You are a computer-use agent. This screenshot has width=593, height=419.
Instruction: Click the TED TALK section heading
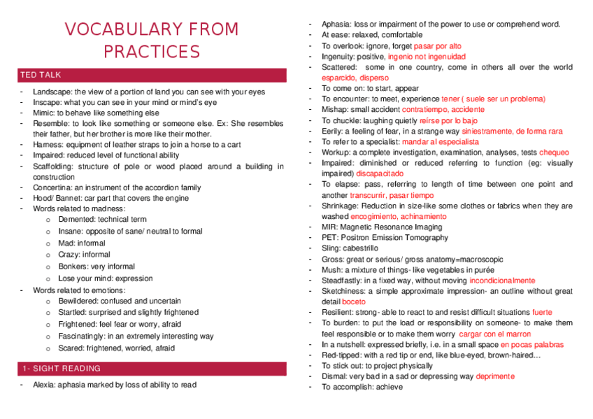click(x=41, y=75)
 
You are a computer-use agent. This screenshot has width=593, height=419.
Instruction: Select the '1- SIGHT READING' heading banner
click(x=61, y=369)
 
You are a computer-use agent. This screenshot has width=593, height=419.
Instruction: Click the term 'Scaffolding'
click(x=53, y=166)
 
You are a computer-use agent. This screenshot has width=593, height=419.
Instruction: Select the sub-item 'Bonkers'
click(x=73, y=267)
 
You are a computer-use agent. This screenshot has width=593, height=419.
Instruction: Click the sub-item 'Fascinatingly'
click(x=82, y=336)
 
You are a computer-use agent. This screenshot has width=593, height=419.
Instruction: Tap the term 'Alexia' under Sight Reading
click(x=44, y=385)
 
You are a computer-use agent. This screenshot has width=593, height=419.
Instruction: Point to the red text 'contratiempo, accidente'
click(x=443, y=110)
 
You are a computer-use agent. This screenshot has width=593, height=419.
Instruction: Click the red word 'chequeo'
click(x=555, y=152)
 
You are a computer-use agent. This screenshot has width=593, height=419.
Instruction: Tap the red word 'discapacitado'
click(x=380, y=173)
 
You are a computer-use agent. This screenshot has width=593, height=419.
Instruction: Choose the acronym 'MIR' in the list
click(x=329, y=227)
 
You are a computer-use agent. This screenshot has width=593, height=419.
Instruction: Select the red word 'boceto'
click(x=354, y=301)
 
